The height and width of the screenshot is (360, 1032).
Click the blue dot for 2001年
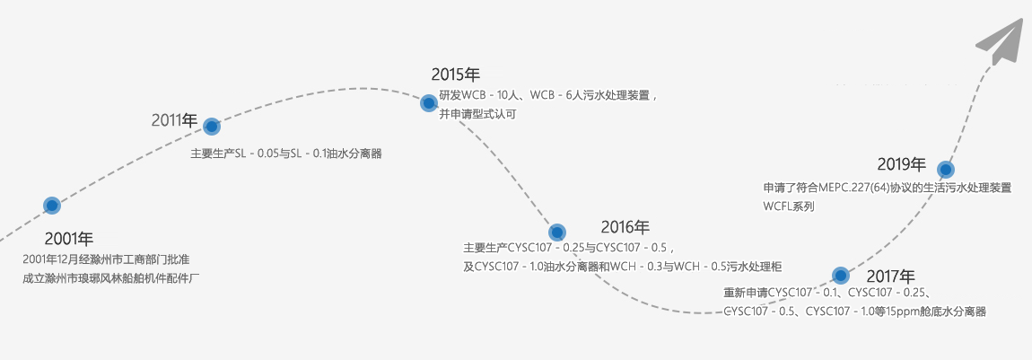coord(52,206)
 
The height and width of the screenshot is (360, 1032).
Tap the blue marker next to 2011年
coord(212,127)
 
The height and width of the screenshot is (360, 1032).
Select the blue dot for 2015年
coord(429,103)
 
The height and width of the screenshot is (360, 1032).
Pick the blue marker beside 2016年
coord(557,233)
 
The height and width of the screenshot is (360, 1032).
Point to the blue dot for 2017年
coord(841,275)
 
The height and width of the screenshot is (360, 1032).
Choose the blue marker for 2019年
coord(945,169)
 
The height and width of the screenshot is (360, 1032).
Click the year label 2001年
coord(69,239)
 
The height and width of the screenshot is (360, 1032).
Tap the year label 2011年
coord(174,119)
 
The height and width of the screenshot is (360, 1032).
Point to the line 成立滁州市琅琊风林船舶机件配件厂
coord(110,278)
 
